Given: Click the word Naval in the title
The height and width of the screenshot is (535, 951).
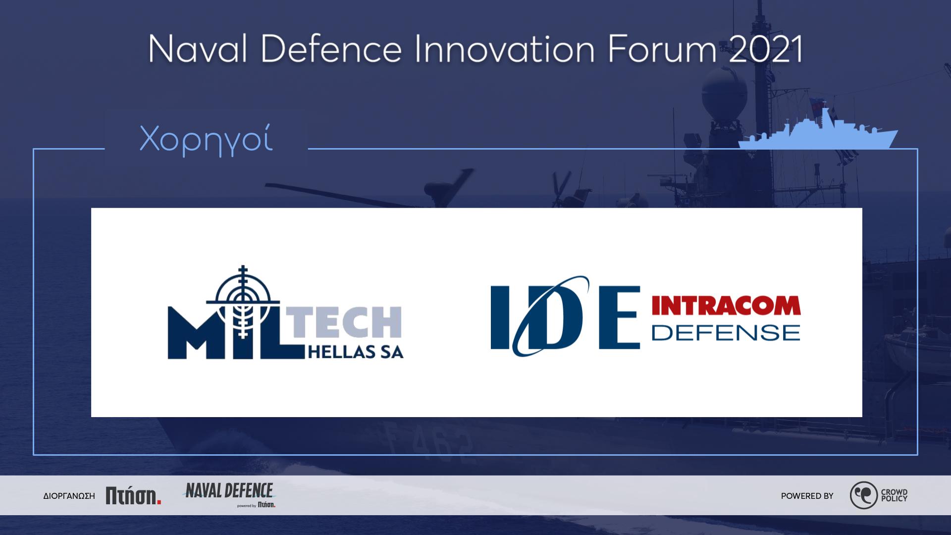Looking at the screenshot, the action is (x=198, y=49).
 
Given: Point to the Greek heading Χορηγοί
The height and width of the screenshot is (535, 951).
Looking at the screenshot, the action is (x=206, y=140).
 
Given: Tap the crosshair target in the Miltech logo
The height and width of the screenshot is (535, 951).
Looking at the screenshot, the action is (x=243, y=297).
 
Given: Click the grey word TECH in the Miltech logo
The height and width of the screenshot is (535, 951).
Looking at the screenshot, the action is (x=346, y=321).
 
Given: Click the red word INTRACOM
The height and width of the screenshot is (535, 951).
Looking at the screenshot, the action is (x=726, y=306).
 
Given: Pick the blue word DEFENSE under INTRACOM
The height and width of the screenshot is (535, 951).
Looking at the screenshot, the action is (x=726, y=332).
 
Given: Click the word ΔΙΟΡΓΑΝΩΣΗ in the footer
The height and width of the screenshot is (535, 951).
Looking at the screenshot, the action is (x=69, y=496).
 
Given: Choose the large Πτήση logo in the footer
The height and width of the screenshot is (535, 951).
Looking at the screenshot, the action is (x=134, y=495).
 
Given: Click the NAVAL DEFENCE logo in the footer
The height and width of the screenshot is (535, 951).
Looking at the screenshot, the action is (x=229, y=495).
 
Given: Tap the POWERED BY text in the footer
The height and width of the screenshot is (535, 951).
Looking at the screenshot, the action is (x=807, y=496).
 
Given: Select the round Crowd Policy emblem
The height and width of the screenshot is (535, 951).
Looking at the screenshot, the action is (x=864, y=495).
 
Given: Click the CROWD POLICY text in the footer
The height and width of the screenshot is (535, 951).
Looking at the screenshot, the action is (x=894, y=495).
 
